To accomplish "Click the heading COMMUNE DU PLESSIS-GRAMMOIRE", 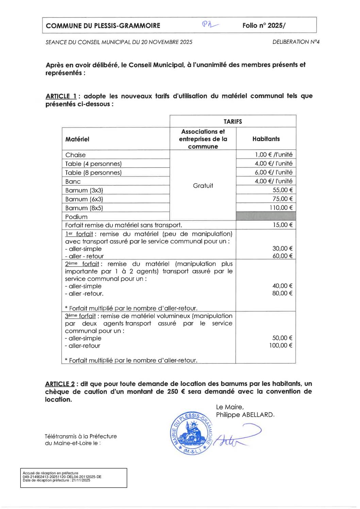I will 103,26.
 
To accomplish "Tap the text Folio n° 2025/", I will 264,26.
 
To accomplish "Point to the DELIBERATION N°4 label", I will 296,42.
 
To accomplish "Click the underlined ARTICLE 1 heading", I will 61,96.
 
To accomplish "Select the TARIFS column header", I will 233,121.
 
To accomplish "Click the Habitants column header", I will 266,139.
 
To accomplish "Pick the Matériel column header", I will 77,139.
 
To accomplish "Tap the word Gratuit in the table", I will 203,186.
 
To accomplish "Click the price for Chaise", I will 274,155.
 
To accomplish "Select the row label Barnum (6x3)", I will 84,199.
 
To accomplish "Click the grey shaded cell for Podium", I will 266,216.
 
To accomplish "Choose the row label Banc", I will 73,181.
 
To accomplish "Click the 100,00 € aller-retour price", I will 281,346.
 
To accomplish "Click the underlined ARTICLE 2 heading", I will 60,384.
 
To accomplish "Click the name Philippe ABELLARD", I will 244,415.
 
